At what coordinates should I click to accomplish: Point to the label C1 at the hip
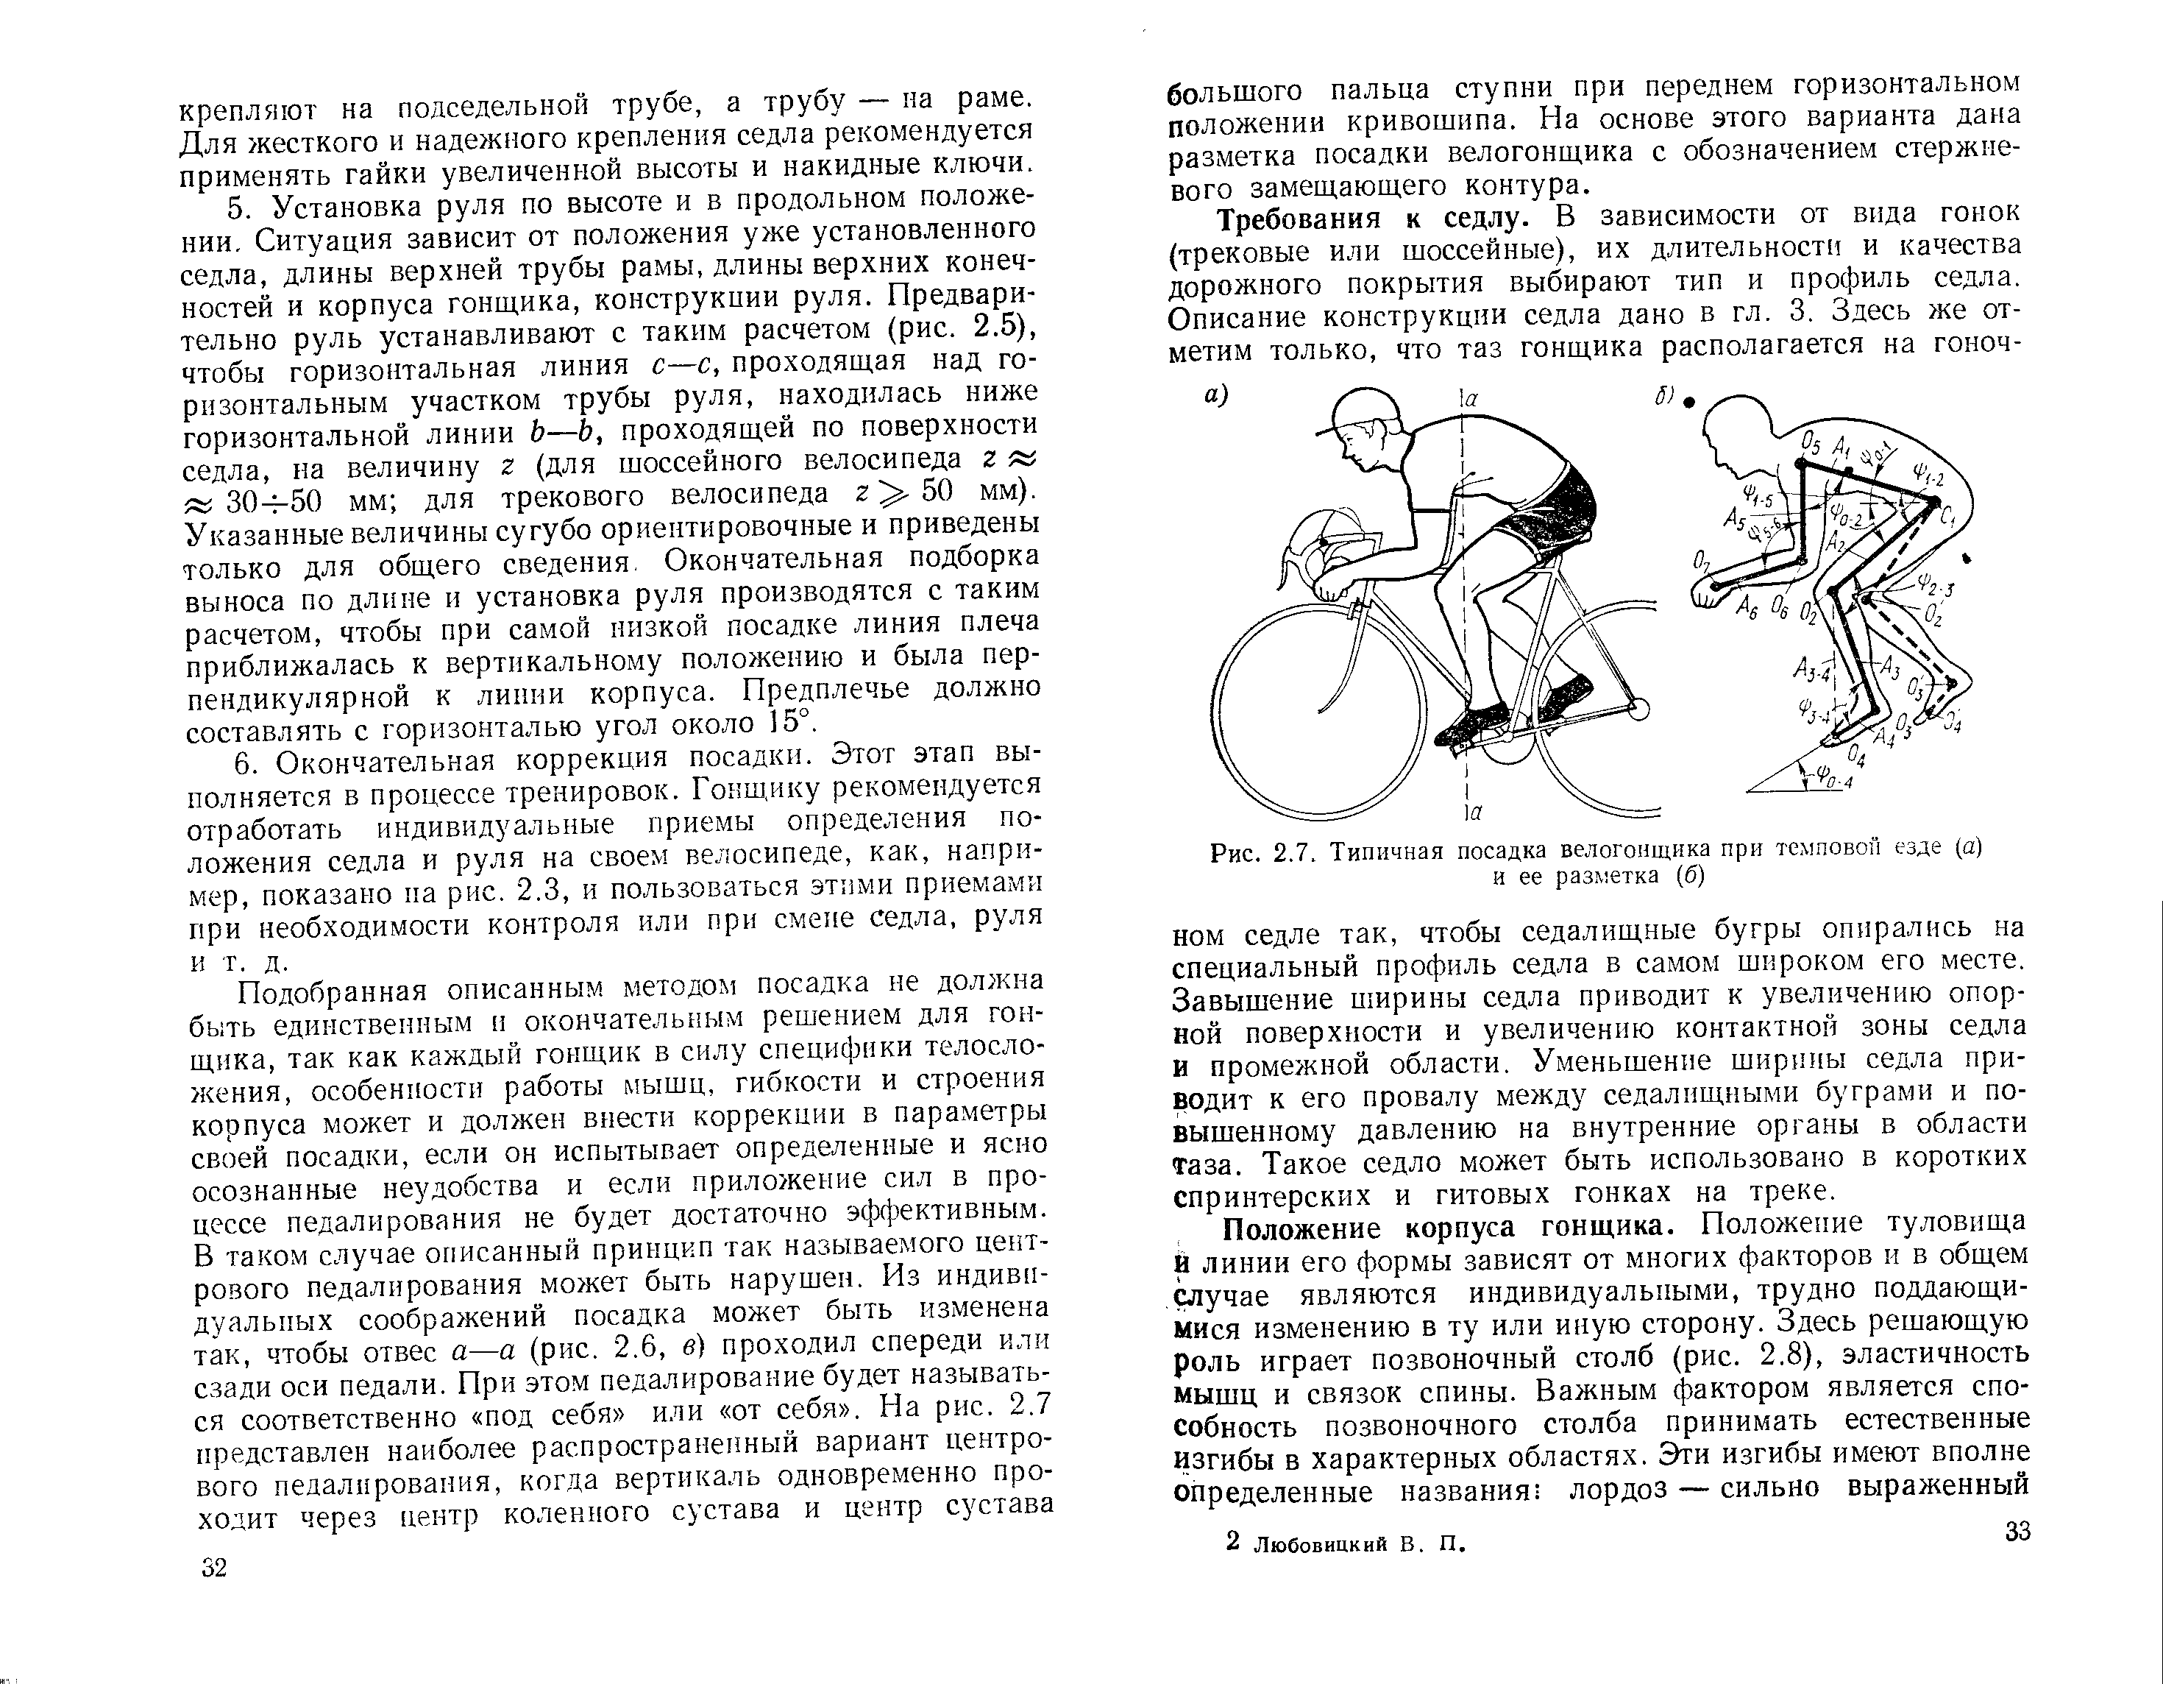(1949, 516)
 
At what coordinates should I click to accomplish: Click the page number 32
(214, 1568)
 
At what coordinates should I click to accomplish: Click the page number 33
(2017, 1532)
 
